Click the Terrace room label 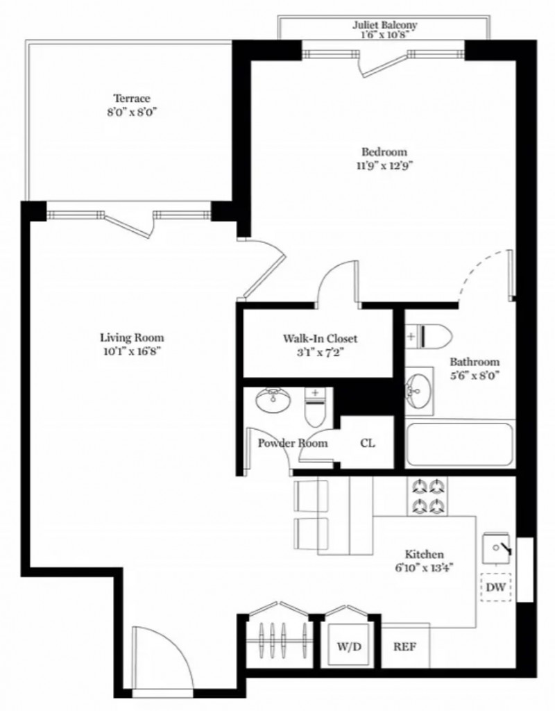(131, 99)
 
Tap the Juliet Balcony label (384, 24)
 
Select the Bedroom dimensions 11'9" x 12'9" (384, 165)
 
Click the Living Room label (132, 338)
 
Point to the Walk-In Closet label (320, 338)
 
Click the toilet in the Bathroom (429, 336)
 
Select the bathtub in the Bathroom (460, 444)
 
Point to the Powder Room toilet (315, 407)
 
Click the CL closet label (368, 443)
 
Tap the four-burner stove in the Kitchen (427, 496)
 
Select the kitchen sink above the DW (497, 548)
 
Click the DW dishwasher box (496, 587)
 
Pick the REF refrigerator (405, 646)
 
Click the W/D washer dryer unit (349, 646)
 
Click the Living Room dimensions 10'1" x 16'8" (132, 351)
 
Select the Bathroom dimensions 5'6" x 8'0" (475, 376)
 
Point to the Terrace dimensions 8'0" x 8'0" (132, 112)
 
